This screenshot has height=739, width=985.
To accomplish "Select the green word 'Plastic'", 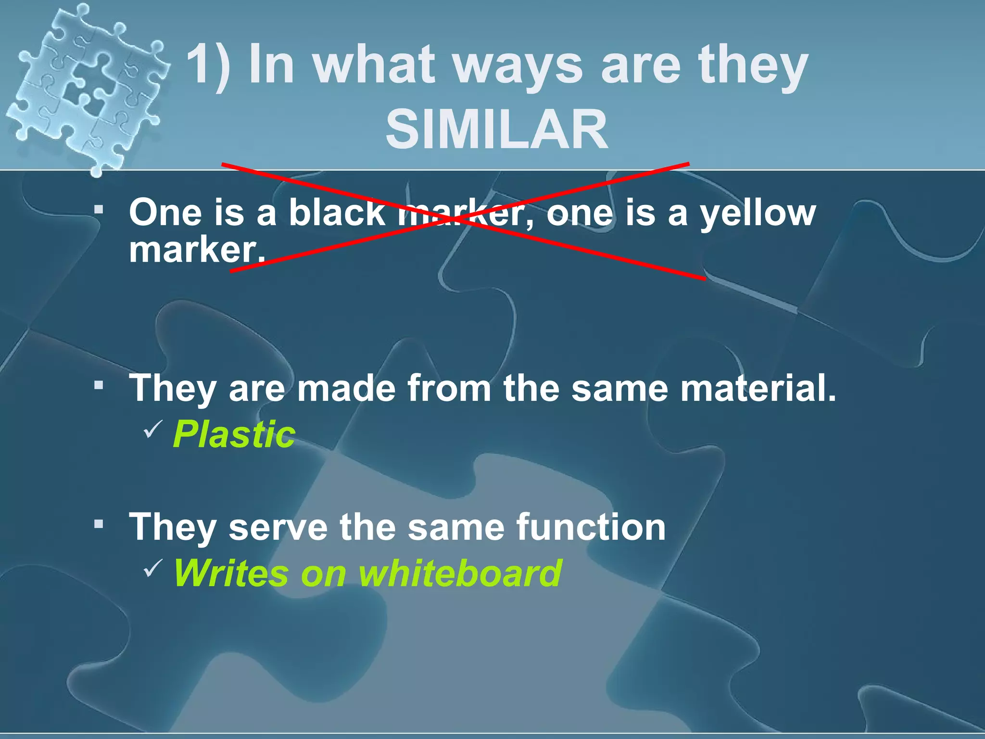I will click(x=234, y=434).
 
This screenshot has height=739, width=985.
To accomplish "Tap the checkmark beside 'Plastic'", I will click(x=153, y=428).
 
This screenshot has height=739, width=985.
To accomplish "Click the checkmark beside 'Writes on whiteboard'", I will click(x=153, y=568).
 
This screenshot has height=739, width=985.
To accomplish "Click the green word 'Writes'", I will click(x=231, y=573).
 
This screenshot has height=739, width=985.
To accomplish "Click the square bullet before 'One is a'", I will click(x=99, y=210).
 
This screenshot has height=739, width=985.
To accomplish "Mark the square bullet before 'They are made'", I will click(x=99, y=385).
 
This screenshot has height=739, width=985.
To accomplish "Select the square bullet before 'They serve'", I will click(x=99, y=523).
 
